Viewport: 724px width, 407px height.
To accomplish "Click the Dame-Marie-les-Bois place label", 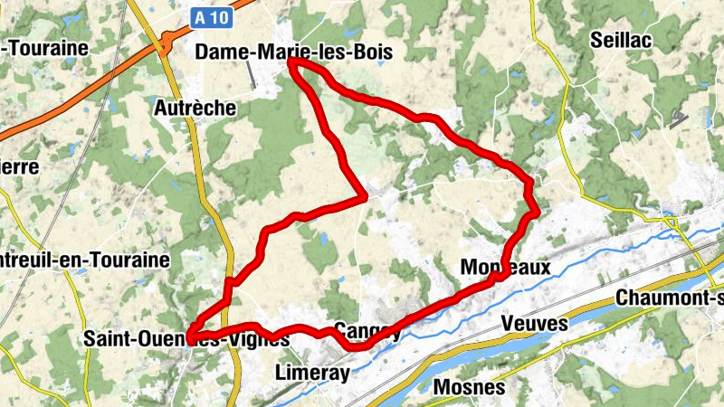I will point(294,53).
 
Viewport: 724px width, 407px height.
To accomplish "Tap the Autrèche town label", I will point(195,109).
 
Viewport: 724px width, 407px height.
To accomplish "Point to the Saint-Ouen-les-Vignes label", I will point(186,339).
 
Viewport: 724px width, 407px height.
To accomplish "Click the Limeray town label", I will point(310,373).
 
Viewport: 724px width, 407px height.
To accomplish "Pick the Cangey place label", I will point(367,331).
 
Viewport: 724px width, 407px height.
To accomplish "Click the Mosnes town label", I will point(469,387).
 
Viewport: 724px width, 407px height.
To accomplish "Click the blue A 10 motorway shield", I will point(211,15).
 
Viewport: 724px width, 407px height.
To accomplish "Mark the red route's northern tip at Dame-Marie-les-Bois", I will point(293,62).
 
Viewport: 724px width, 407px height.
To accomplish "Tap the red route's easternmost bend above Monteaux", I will point(537,211).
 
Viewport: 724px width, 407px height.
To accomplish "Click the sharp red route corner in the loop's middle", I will point(364,194).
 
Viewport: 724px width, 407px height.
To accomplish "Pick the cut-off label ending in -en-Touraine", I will point(85,260).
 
